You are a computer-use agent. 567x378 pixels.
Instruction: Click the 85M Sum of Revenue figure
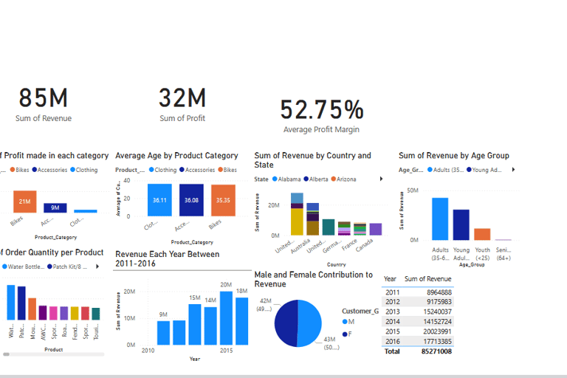pos(44,98)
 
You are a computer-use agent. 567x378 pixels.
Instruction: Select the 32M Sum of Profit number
pos(182,98)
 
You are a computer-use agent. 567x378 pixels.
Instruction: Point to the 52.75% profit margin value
pos(322,110)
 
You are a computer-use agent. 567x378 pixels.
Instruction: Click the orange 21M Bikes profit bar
pos(24,202)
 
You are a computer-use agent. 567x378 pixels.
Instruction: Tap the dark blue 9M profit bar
pos(55,207)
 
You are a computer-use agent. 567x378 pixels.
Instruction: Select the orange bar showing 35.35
pos(223,200)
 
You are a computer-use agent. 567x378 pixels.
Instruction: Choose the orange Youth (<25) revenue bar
pos(482,234)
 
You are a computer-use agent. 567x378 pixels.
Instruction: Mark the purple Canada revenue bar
pos(376,229)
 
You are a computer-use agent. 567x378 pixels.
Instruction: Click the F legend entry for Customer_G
pos(347,334)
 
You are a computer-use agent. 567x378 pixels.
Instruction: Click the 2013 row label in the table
pos(392,312)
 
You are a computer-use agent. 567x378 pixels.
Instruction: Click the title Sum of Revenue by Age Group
pos(453,156)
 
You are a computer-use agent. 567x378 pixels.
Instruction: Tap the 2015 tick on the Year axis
pos(226,350)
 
